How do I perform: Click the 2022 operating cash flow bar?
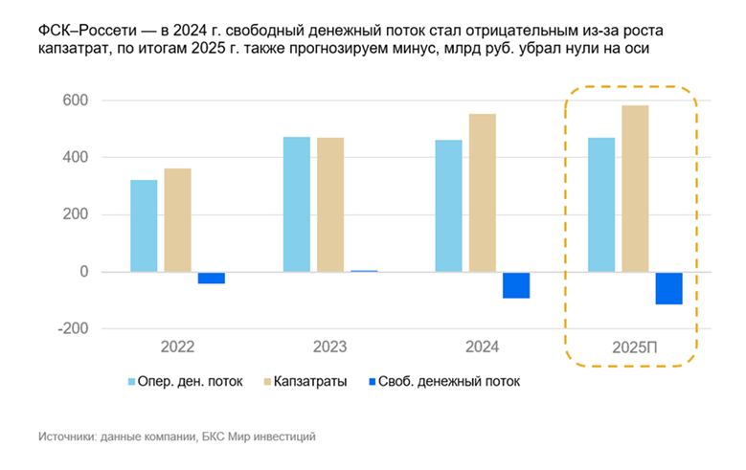pyautogui.click(x=144, y=226)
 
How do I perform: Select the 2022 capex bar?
pyautogui.click(x=177, y=220)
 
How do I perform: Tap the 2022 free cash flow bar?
pyautogui.click(x=211, y=278)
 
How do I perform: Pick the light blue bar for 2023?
pyautogui.click(x=297, y=204)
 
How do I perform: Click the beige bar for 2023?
pyautogui.click(x=330, y=205)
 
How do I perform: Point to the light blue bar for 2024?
pyautogui.click(x=448, y=206)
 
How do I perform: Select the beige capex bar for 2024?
pyautogui.click(x=483, y=192)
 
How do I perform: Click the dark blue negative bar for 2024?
pyautogui.click(x=516, y=285)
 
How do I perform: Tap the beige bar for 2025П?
pyautogui.click(x=634, y=189)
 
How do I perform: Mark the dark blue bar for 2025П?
pyautogui.click(x=668, y=288)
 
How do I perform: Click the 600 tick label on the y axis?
pyautogui.click(x=75, y=101)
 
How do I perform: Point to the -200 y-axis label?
pyautogui.click(x=71, y=328)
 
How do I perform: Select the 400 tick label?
pyautogui.click(x=75, y=157)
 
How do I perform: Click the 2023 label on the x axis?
pyautogui.click(x=329, y=347)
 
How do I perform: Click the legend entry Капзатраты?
pyautogui.click(x=305, y=381)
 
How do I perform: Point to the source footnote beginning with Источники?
pyautogui.click(x=177, y=436)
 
